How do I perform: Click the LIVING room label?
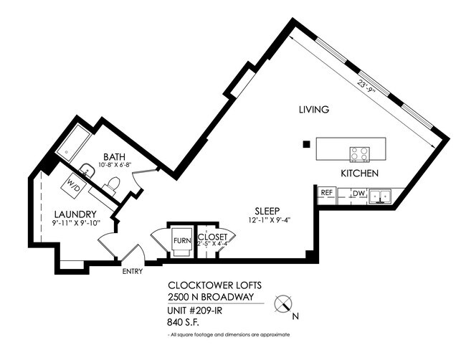(314, 110)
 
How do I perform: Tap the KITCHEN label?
(359, 174)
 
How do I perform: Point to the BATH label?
(115, 156)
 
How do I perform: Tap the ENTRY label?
(133, 271)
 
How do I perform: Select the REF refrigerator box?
(327, 193)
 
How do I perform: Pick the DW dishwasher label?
(358, 193)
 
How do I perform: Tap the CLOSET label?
(213, 236)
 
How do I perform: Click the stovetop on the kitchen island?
(358, 153)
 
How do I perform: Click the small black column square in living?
(306, 144)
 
